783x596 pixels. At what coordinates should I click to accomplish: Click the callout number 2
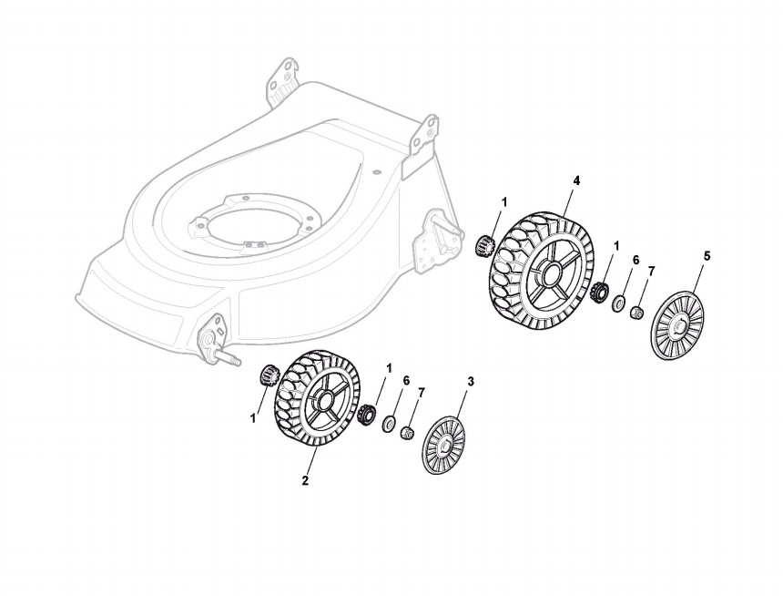point(305,480)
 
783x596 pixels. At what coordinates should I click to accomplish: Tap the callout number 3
point(470,380)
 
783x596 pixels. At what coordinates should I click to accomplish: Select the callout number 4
point(576,180)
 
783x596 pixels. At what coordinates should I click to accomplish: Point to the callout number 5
point(707,256)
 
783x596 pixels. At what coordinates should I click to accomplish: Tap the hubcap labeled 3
point(443,445)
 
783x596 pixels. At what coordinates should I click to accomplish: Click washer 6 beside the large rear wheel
point(618,303)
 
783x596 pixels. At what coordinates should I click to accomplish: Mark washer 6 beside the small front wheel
point(389,422)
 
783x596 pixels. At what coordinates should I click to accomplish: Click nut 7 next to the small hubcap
point(408,430)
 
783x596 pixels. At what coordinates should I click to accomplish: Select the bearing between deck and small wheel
point(269,374)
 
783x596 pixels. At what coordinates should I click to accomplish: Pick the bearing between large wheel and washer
point(599,294)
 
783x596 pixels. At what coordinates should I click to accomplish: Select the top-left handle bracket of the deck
point(283,77)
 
